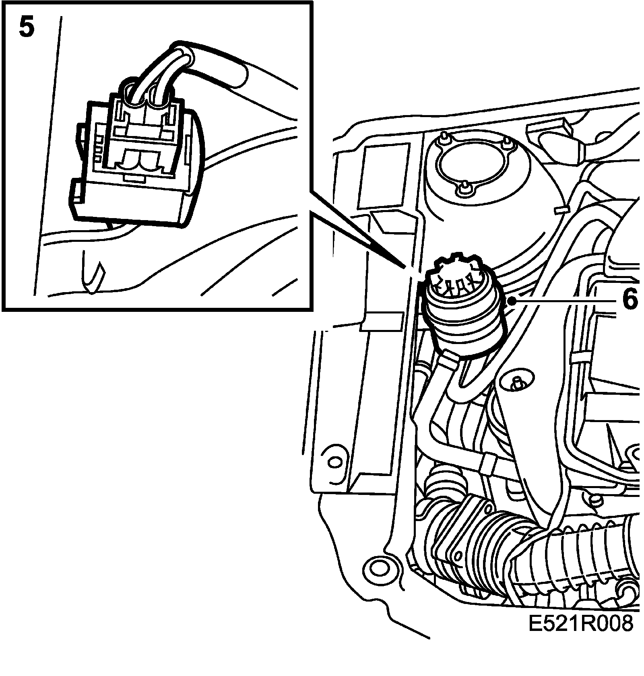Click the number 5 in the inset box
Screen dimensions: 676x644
[27, 28]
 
